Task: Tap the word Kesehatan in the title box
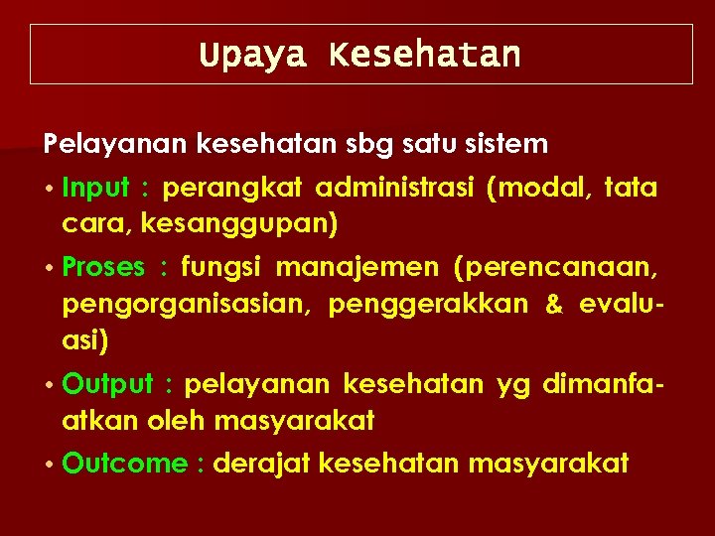coord(425,55)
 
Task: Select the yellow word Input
coord(96,189)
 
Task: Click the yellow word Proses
coord(102,268)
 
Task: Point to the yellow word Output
coord(107,384)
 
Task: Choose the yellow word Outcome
coord(124,464)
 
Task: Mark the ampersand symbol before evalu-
coord(553,305)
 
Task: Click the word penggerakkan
coord(428,305)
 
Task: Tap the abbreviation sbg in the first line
coord(370,145)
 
